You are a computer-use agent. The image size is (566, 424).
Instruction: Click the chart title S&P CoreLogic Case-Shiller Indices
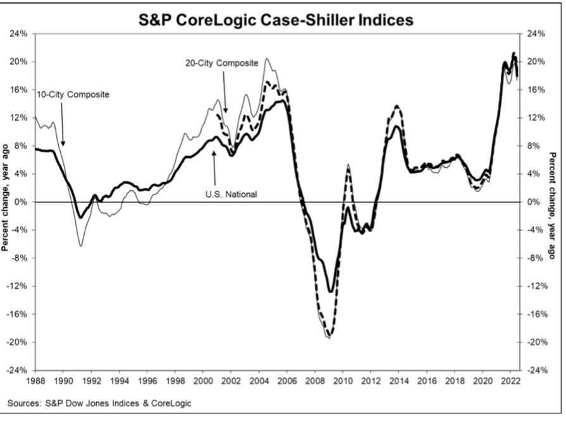tap(276, 20)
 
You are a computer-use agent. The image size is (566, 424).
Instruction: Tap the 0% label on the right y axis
tap(533, 202)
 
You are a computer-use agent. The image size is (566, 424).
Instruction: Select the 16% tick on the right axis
tap(535, 90)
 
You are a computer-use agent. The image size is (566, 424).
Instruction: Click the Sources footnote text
tap(100, 403)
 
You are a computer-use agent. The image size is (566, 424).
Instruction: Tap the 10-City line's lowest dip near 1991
tap(80, 245)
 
